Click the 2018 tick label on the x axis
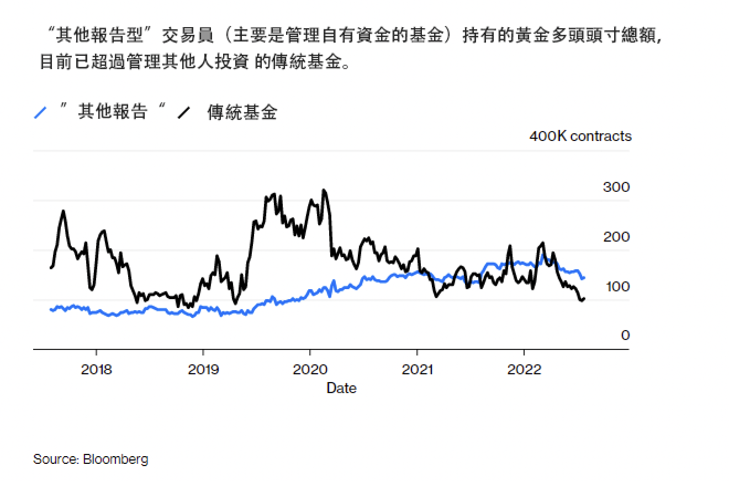coord(96,369)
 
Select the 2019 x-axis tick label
coord(203,369)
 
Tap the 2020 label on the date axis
coord(310,369)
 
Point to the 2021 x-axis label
coord(417,369)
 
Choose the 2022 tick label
coord(524,369)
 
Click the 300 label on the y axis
coord(616,187)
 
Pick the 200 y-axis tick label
coord(616,237)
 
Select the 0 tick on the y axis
coord(625,335)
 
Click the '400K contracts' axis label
coord(580,136)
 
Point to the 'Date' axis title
coord(341,388)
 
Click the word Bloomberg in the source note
coord(115,459)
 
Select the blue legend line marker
coord(40,113)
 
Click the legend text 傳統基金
coord(242,112)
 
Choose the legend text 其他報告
coord(113,112)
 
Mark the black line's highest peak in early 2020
coord(324,191)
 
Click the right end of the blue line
coord(584,278)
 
